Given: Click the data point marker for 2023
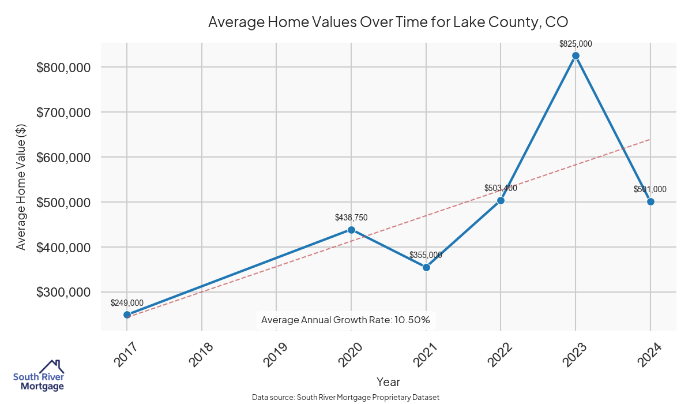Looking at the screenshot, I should pyautogui.click(x=576, y=55).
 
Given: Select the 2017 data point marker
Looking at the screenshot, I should pyautogui.click(x=127, y=315).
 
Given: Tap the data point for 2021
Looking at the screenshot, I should pyautogui.click(x=426, y=267).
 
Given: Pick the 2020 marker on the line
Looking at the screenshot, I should pyautogui.click(x=351, y=230).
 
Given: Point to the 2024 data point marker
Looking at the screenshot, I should pyautogui.click(x=650, y=201).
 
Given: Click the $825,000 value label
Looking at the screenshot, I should pyautogui.click(x=576, y=43).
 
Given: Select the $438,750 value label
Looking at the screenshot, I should pyautogui.click(x=351, y=218).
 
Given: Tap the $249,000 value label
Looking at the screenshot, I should pyautogui.click(x=127, y=303).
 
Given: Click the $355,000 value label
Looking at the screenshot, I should pyautogui.click(x=426, y=255).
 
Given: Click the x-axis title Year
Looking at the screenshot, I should pyautogui.click(x=388, y=382).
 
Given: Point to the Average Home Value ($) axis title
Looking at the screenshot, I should pyautogui.click(x=21, y=186).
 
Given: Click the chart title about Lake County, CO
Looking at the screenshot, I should pyautogui.click(x=388, y=22).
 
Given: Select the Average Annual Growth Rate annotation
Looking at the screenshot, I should pyautogui.click(x=345, y=320).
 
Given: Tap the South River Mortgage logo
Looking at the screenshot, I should pyautogui.click(x=39, y=376).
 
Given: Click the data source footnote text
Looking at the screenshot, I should pyautogui.click(x=346, y=398).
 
